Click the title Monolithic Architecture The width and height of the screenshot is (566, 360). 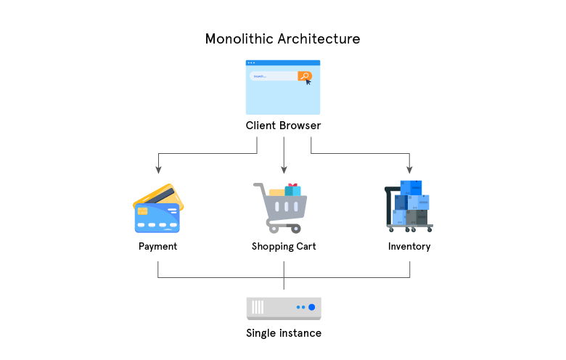click(x=282, y=38)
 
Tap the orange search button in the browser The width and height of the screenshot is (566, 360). click(x=305, y=75)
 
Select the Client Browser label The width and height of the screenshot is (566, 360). click(x=283, y=126)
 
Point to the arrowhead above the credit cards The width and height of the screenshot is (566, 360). click(x=158, y=171)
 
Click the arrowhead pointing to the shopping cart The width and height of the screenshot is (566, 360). click(x=284, y=171)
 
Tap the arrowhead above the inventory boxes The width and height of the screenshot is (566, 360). click(x=409, y=171)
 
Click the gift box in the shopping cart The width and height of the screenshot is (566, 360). click(x=292, y=189)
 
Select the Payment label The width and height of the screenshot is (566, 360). click(x=157, y=246)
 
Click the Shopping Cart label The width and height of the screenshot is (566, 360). click(x=284, y=246)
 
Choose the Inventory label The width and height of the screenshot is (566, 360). click(x=409, y=246)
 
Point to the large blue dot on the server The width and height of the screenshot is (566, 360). click(x=311, y=308)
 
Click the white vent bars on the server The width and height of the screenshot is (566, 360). click(x=258, y=308)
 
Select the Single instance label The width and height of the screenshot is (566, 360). click(x=283, y=333)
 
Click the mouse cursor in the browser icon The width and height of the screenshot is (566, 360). click(x=308, y=81)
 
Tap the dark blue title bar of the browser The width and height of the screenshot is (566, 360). click(x=283, y=63)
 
